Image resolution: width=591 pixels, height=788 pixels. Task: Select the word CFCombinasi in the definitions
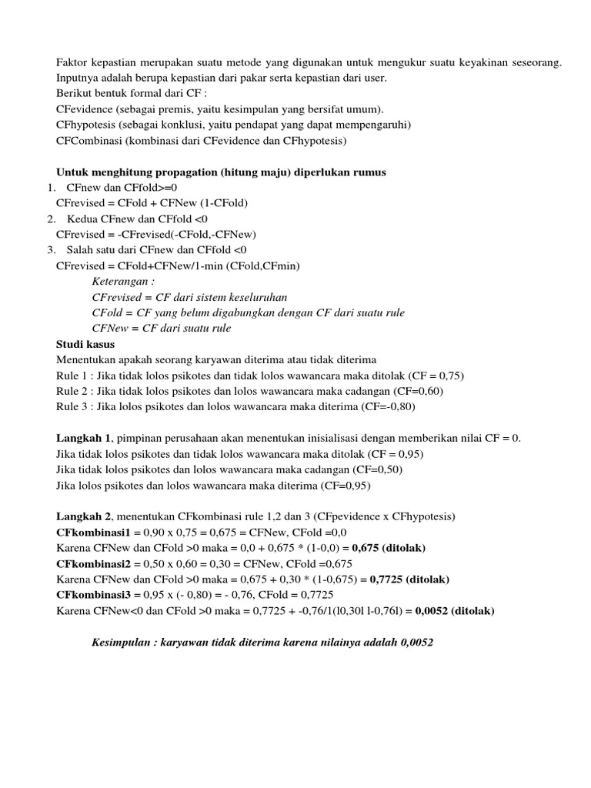(86, 141)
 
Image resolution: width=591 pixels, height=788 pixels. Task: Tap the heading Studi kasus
(85, 344)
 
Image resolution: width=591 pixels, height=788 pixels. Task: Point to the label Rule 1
(73, 376)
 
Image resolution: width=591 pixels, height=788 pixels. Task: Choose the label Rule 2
(73, 391)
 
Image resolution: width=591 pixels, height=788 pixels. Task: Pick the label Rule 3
(73, 406)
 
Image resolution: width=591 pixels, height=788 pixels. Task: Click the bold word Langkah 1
(84, 438)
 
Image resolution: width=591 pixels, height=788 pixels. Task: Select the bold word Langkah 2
(84, 516)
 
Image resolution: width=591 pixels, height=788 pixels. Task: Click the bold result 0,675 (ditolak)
(389, 548)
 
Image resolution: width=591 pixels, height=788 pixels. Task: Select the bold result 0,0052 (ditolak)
(455, 611)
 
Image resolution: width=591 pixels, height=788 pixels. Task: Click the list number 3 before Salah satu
(50, 250)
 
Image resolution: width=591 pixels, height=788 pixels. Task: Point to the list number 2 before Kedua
(50, 219)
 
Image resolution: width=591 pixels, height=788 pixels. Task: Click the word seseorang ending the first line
(536, 62)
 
